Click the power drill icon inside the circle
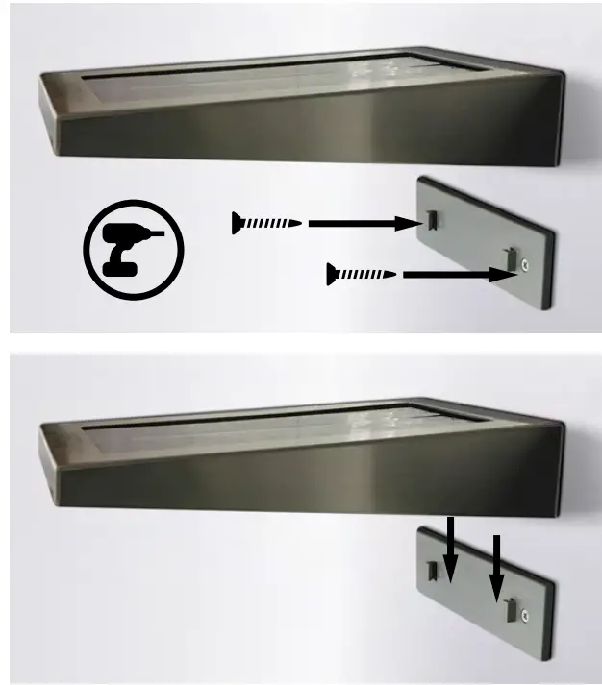tap(133, 249)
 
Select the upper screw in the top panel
tap(266, 224)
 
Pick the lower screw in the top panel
tap(362, 276)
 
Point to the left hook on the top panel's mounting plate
tap(436, 219)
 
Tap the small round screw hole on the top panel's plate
tap(524, 263)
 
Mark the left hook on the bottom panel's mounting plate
tap(432, 572)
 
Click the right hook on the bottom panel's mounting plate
tap(509, 609)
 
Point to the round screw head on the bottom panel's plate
tap(524, 614)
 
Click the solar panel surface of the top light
tap(288, 77)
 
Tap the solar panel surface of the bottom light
tap(288, 426)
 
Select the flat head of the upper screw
tap(236, 224)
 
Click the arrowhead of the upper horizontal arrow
tap(414, 224)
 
